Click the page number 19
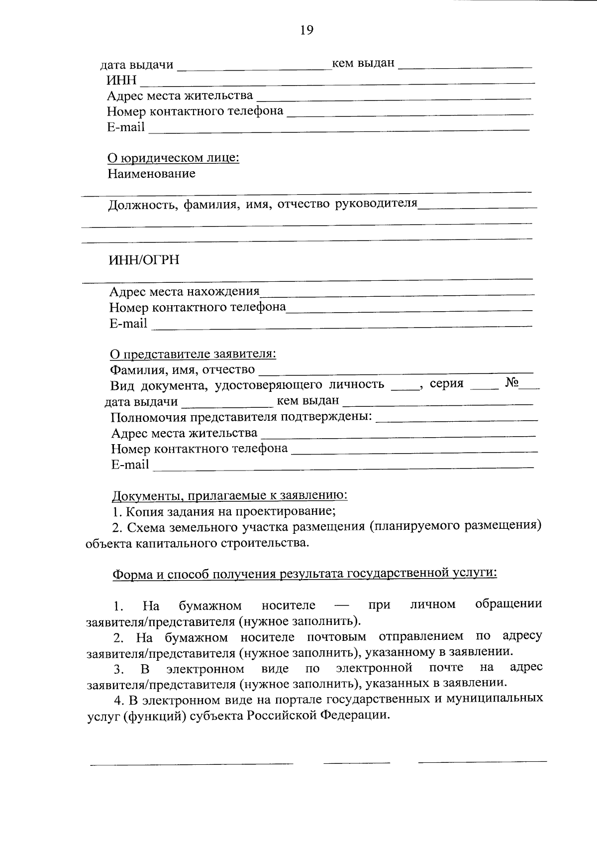pos(306,30)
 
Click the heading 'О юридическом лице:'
pos(174,158)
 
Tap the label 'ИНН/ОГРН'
pos(144,260)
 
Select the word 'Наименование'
pos(152,174)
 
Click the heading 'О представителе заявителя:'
pos(193,354)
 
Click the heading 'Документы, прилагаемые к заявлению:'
pos(229,495)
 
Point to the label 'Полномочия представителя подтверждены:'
pos(241,417)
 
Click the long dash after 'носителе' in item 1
pos(342,605)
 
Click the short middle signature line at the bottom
pos(356,762)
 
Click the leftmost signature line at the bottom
pos(192,763)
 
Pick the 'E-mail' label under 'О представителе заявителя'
pos(130,465)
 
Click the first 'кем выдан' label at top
pos(363,63)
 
